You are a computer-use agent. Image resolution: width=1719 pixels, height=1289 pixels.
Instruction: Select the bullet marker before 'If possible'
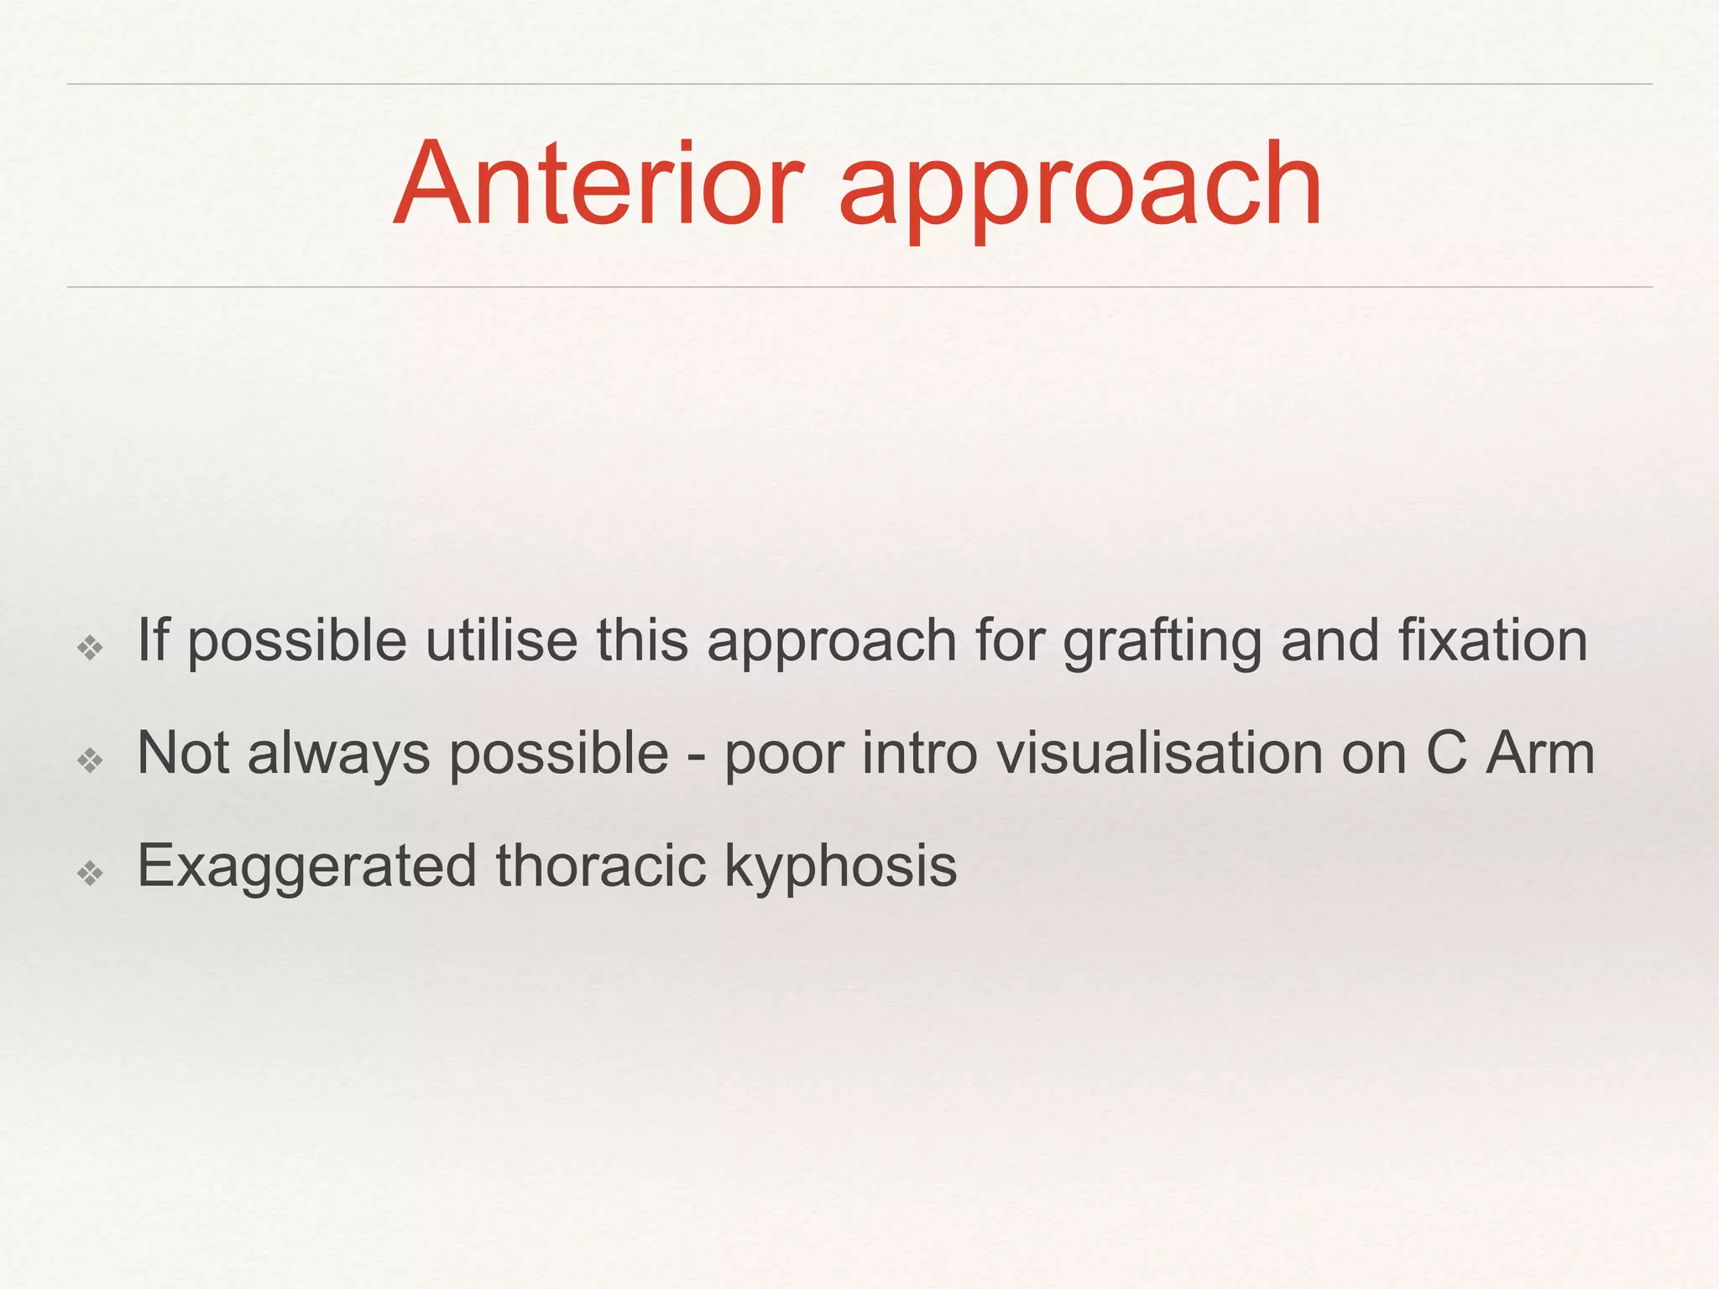90,647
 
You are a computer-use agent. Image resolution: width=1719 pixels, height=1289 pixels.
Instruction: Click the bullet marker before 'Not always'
90,760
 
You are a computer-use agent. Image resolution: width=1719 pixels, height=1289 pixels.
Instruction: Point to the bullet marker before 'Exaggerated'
90,874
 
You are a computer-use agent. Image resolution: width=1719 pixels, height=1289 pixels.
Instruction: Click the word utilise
501,641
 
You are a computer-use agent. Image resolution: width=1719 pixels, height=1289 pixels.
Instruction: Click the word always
339,754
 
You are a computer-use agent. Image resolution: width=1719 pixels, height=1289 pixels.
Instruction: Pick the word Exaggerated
306,868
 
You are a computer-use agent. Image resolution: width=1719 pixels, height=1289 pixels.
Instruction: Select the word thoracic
600,866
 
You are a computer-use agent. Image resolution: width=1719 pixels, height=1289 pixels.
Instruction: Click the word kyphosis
840,868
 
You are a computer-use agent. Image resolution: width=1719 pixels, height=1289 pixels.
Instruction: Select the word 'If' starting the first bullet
153,641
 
